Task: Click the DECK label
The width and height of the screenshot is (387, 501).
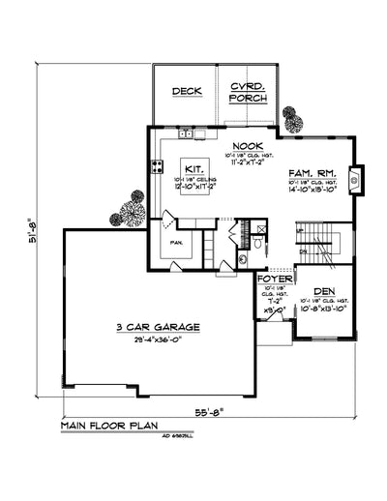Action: (x=185, y=91)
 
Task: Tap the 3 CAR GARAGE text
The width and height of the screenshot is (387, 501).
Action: (x=158, y=328)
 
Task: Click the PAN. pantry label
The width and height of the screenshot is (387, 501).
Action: (x=177, y=242)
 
